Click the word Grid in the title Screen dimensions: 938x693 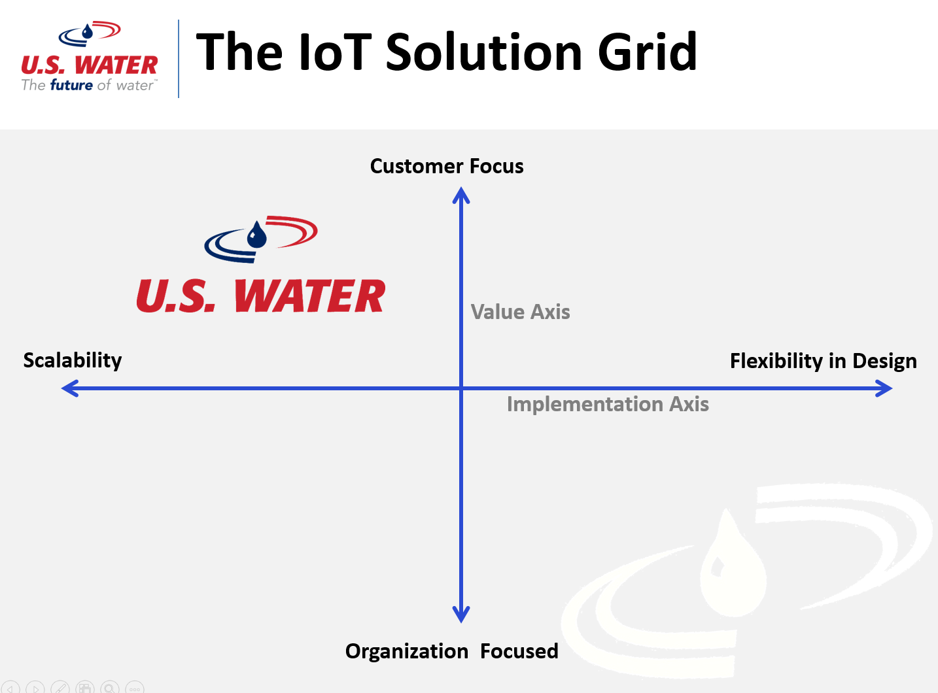647,52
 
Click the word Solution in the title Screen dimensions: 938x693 484,52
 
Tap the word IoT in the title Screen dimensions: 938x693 334,52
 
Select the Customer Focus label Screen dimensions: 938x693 447,166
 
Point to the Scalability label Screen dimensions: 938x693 73,361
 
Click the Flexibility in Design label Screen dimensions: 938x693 824,362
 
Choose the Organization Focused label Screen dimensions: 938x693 451,651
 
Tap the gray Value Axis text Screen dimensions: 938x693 520,312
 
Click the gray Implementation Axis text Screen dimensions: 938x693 608,404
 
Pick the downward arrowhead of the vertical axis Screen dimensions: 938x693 461,615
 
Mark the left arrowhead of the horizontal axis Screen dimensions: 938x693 70,388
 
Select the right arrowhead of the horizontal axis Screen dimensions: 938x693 884,388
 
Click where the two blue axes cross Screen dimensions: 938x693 461,388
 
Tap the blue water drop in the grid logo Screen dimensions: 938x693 256,235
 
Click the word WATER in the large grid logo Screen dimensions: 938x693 310,296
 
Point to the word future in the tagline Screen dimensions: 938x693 71,85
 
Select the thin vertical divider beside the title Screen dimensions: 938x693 179,59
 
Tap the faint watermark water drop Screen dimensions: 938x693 733,567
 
